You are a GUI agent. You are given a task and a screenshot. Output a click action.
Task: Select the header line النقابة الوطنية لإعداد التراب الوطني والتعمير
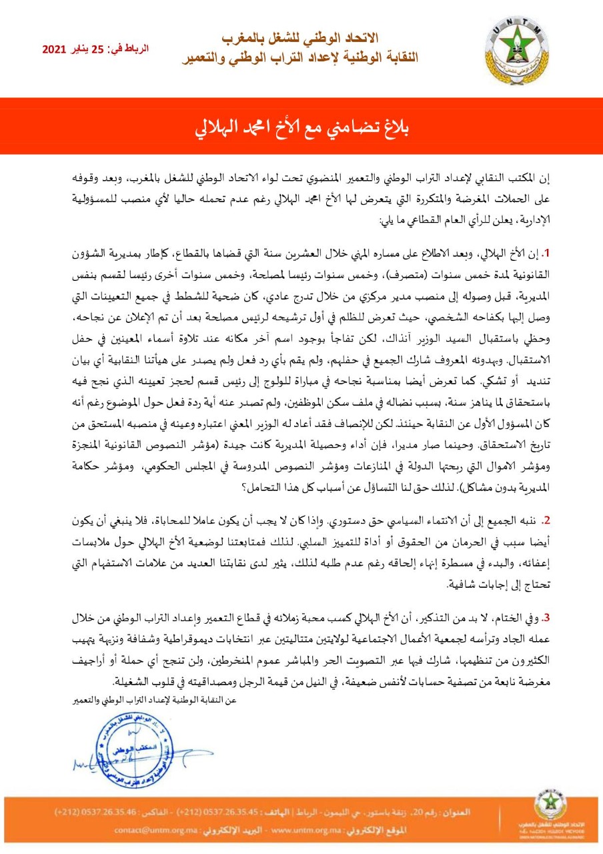tap(300, 58)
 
